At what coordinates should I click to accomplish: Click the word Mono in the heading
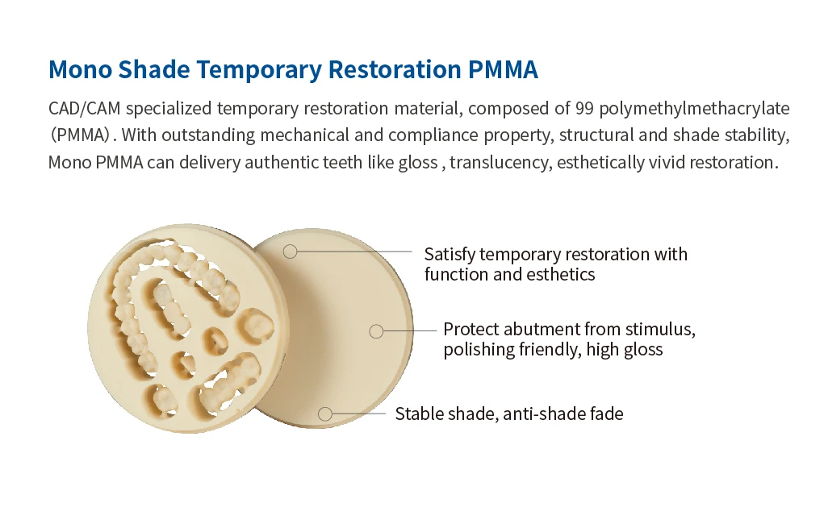80,70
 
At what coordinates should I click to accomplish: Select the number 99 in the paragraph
584,108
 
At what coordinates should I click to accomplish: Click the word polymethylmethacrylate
694,109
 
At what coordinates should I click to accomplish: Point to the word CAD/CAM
84,109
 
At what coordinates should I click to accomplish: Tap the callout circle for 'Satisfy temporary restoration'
290,251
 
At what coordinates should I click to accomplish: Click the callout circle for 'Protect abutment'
376,331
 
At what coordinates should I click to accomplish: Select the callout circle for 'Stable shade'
325,414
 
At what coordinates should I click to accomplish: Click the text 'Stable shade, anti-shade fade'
509,414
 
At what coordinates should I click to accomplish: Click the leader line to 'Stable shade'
359,414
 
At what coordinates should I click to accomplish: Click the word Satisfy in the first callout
450,255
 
